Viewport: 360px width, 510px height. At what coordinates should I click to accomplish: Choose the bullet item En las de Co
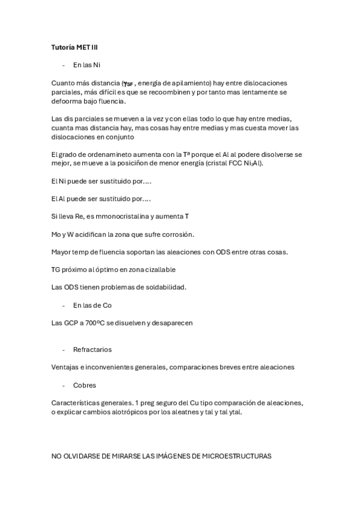tap(92, 305)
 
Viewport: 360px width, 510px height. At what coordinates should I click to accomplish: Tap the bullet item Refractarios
tap(92, 349)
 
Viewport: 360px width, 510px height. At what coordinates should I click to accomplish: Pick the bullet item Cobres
tap(85, 385)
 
